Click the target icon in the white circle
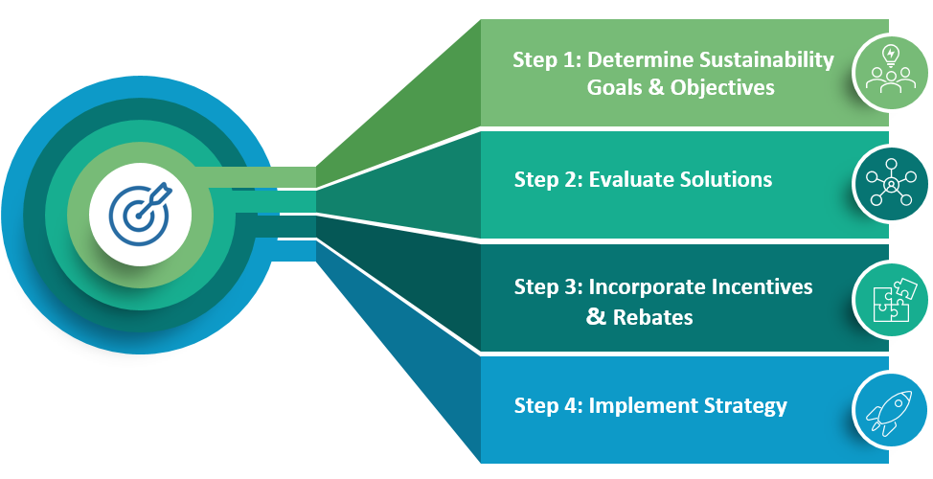(140, 215)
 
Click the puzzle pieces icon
(891, 300)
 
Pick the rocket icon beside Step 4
(889, 412)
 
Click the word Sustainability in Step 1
(766, 60)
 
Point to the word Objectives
(722, 88)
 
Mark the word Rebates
(652, 317)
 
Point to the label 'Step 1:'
(547, 60)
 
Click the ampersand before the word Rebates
(596, 316)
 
